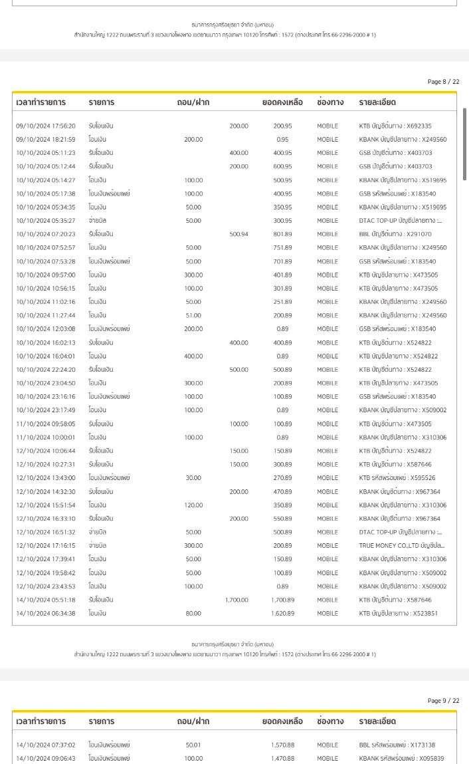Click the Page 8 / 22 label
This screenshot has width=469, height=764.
[443, 82]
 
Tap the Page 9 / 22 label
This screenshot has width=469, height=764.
[443, 701]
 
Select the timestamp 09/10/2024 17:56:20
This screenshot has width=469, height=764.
[45, 126]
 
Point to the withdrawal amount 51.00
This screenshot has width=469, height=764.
[193, 315]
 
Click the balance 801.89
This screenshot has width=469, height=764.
[282, 234]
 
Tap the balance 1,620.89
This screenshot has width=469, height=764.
[282, 613]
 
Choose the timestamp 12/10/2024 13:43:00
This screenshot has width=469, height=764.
[45, 478]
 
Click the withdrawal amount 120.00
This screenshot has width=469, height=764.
[193, 505]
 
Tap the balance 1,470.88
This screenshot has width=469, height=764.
[282, 758]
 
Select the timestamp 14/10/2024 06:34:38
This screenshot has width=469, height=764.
[45, 613]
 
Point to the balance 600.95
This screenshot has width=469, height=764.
[282, 166]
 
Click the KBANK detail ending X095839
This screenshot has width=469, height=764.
[402, 758]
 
